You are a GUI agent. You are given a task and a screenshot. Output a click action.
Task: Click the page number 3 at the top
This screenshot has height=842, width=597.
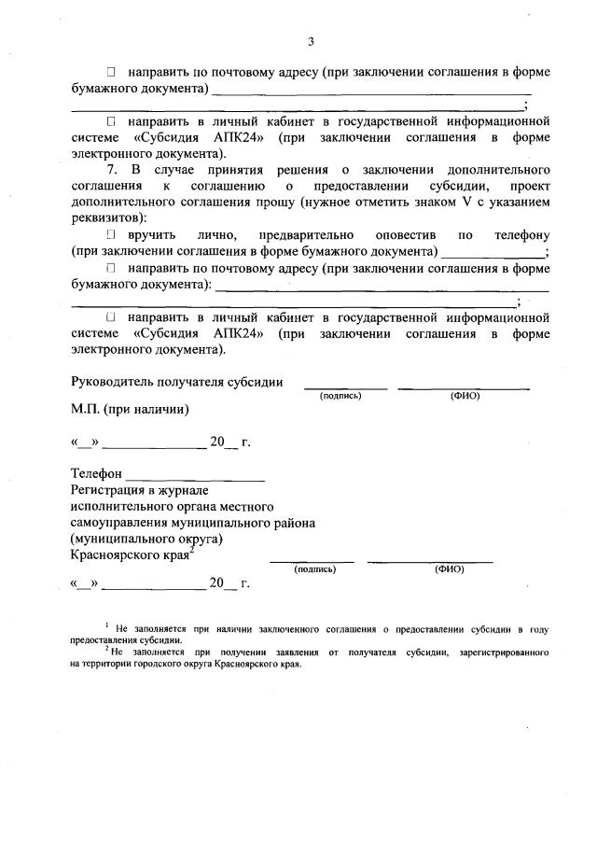[x=311, y=41]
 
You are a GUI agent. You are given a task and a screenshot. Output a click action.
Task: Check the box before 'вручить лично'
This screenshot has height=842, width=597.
[x=110, y=234]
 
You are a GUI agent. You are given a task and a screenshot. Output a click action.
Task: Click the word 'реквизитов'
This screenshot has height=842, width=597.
[x=105, y=218]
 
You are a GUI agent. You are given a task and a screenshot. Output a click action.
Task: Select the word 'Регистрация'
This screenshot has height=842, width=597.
[x=108, y=489]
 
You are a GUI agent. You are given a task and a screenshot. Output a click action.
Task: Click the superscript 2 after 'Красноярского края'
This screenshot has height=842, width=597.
[x=191, y=551]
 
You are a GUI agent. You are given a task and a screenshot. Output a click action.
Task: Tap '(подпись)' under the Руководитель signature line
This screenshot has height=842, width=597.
[x=340, y=396]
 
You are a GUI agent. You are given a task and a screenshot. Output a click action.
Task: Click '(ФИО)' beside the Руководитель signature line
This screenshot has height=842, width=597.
[x=464, y=396]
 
